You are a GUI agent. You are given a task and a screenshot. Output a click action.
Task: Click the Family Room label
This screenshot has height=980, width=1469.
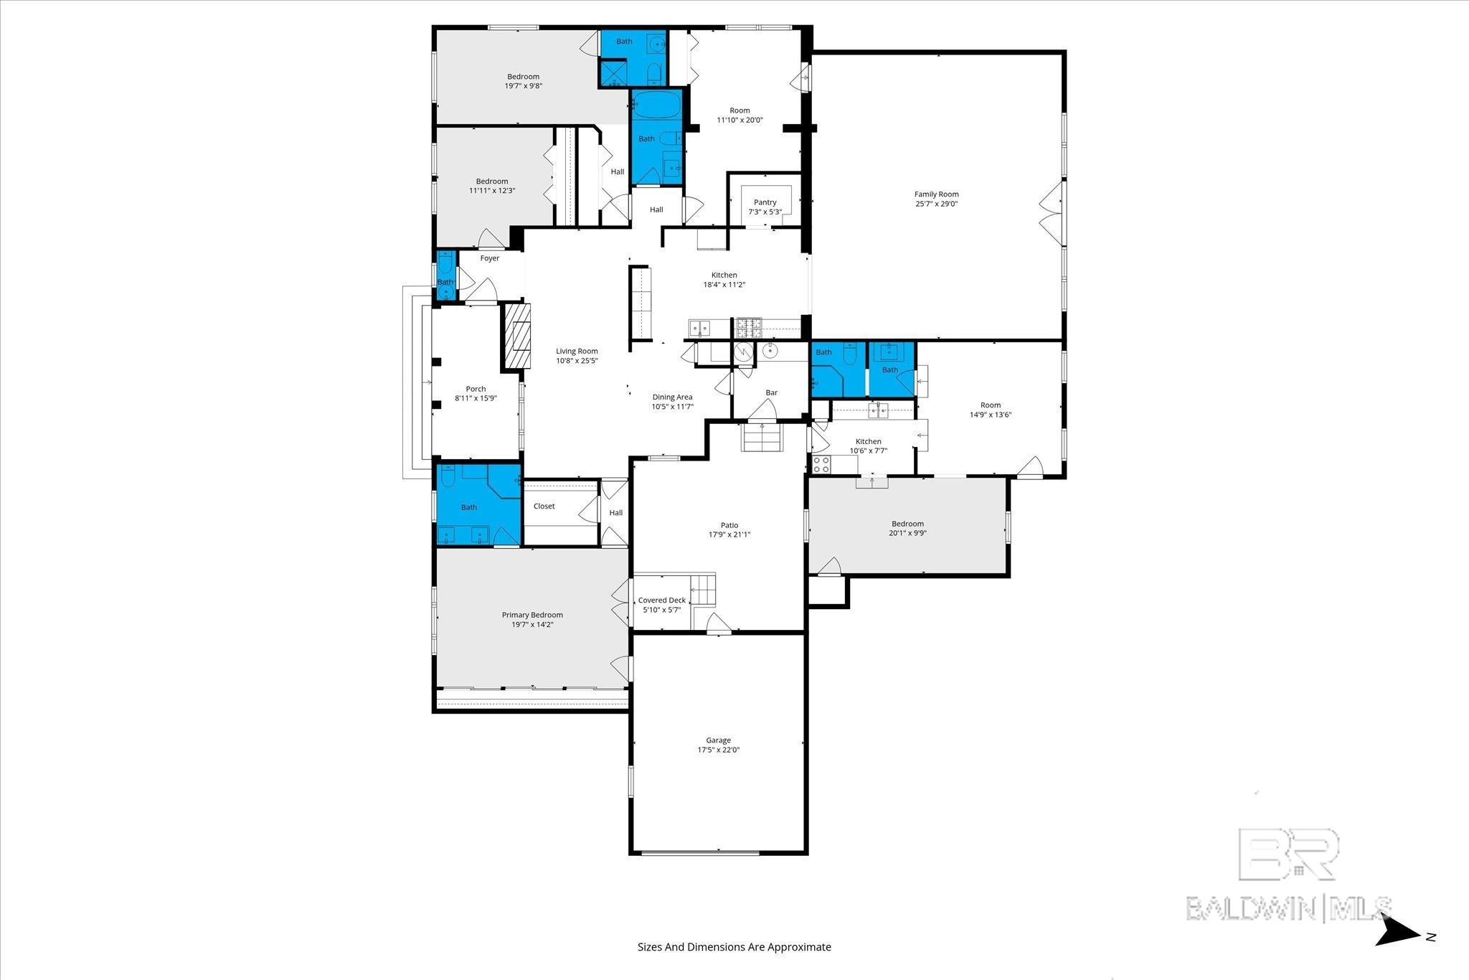click(x=936, y=194)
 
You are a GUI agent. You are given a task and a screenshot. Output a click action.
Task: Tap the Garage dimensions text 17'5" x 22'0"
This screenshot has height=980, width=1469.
click(x=718, y=750)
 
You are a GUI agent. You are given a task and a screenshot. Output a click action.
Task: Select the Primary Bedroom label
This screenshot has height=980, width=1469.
click(x=532, y=615)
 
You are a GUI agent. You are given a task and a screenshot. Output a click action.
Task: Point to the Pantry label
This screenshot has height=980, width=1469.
click(x=765, y=202)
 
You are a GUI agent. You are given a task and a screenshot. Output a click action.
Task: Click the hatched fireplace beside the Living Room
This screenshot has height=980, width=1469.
click(x=517, y=335)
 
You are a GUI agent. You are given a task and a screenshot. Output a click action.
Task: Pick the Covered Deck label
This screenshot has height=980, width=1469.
click(x=661, y=600)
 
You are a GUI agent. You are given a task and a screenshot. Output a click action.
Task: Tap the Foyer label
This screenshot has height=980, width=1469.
click(x=490, y=258)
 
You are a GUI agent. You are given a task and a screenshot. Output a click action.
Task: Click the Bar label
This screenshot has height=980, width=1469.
click(x=771, y=392)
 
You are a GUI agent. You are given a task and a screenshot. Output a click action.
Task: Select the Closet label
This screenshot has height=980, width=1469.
click(x=544, y=506)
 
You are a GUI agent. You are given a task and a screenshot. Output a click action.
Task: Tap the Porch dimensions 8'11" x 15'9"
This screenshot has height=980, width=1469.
click(x=476, y=398)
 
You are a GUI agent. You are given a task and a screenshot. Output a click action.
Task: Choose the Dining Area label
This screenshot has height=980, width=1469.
click(x=672, y=397)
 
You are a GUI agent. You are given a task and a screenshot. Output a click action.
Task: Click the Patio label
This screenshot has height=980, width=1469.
click(x=729, y=525)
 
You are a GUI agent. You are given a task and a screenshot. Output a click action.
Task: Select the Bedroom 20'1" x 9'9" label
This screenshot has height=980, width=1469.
click(x=907, y=524)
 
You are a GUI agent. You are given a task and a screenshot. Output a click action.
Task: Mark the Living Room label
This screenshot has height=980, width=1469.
click(x=577, y=351)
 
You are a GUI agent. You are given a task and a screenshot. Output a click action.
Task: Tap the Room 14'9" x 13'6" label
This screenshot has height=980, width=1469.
click(x=991, y=405)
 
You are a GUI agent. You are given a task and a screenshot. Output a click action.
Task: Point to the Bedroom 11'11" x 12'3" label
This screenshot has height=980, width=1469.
click(x=492, y=182)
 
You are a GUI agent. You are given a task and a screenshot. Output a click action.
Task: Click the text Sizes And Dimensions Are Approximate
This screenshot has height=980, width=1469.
click(x=734, y=947)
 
